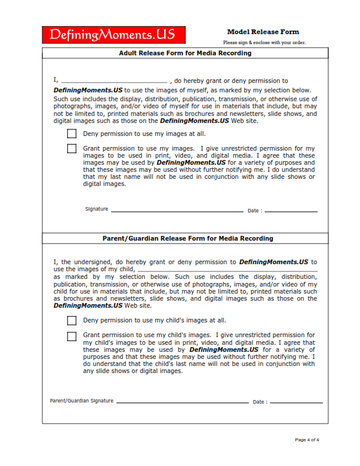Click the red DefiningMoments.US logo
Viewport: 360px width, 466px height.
114,35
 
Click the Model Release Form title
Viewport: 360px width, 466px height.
263,32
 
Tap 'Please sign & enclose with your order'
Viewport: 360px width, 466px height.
264,42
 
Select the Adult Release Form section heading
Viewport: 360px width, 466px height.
185,53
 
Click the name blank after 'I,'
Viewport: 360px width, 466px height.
114,81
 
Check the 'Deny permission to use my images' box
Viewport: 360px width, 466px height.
72,134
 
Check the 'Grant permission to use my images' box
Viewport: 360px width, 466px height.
72,149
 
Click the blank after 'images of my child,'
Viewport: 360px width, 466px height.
226,269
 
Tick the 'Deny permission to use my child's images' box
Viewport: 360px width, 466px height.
72,321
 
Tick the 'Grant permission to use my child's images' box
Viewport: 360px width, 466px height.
72,337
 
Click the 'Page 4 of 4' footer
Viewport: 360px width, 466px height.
307,440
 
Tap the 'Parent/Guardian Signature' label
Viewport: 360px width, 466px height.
82,401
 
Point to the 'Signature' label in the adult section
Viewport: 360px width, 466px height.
96,209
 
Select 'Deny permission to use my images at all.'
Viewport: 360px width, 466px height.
144,134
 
